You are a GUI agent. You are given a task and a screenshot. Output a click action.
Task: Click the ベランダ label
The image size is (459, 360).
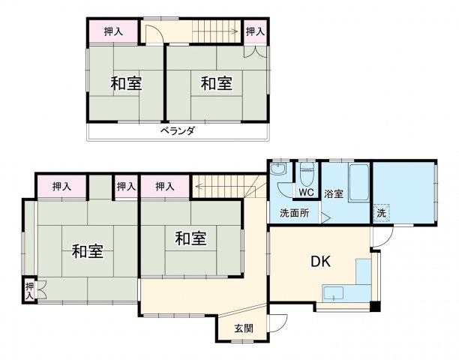click(x=177, y=131)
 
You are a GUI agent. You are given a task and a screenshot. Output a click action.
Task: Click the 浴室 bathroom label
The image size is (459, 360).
click(x=334, y=194)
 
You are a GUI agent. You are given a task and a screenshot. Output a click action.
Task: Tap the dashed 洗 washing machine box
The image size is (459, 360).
click(x=382, y=212)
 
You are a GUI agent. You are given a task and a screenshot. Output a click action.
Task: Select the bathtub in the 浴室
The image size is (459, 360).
click(x=358, y=181)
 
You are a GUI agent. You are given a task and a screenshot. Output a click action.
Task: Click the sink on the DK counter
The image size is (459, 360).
click(x=334, y=292)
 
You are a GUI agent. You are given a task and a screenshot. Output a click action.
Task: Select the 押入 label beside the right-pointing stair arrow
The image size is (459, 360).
click(x=255, y=31)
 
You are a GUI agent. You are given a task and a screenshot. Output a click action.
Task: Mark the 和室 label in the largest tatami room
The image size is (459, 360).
click(x=88, y=252)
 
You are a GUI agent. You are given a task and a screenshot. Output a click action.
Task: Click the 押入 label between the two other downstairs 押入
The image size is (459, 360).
click(x=126, y=186)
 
